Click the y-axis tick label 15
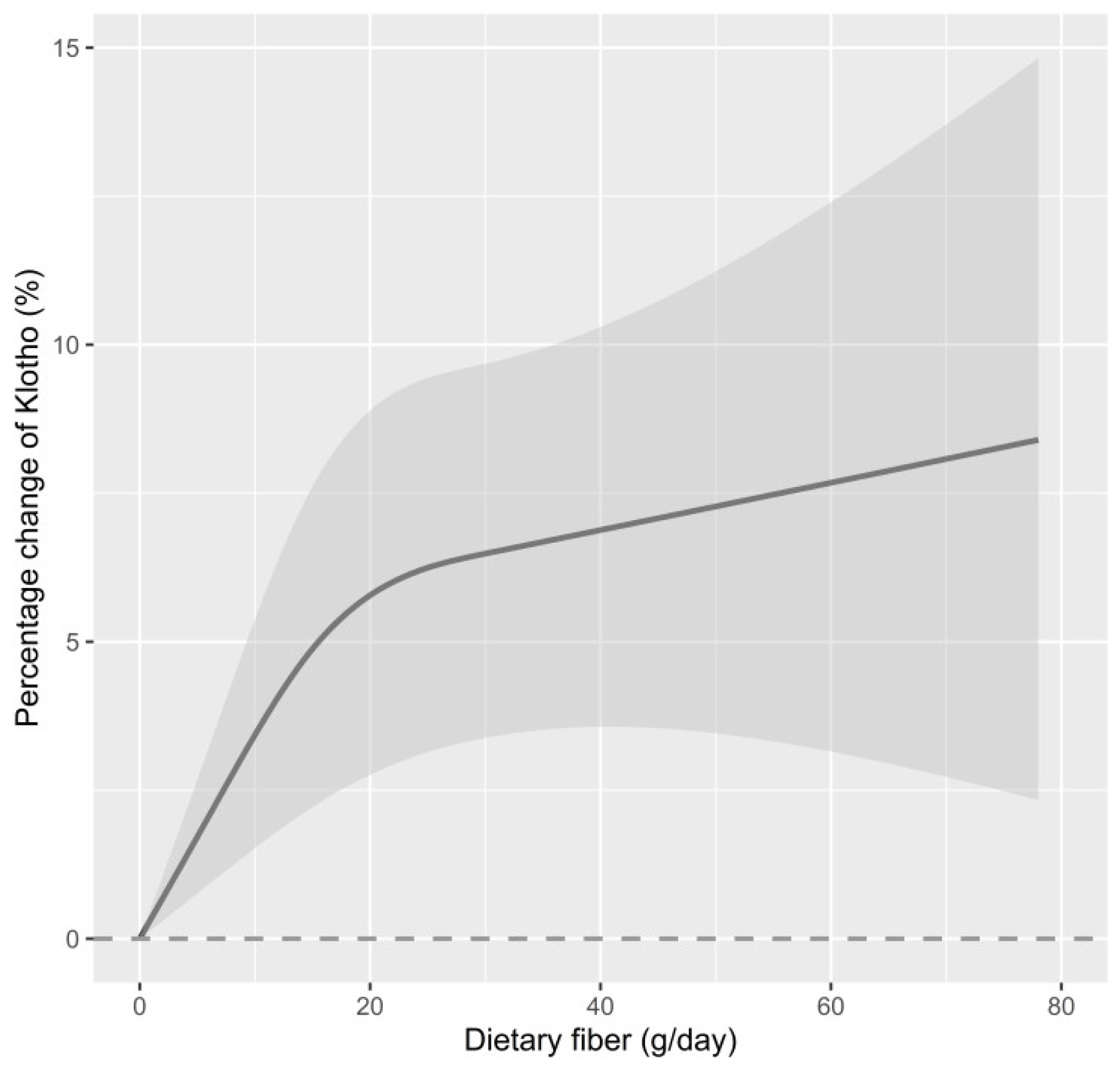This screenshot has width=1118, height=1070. [66, 49]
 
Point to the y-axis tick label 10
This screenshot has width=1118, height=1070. [66, 346]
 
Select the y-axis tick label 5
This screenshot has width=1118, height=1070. [73, 642]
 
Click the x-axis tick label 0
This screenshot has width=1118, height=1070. [140, 1007]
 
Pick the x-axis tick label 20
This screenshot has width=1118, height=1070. [370, 1007]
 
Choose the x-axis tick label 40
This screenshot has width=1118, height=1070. [600, 1007]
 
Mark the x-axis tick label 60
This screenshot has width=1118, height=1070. [830, 1007]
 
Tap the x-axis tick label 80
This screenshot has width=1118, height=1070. [1060, 1007]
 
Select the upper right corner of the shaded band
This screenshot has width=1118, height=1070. [1037, 59]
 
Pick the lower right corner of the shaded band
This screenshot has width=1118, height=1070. [1037, 799]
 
